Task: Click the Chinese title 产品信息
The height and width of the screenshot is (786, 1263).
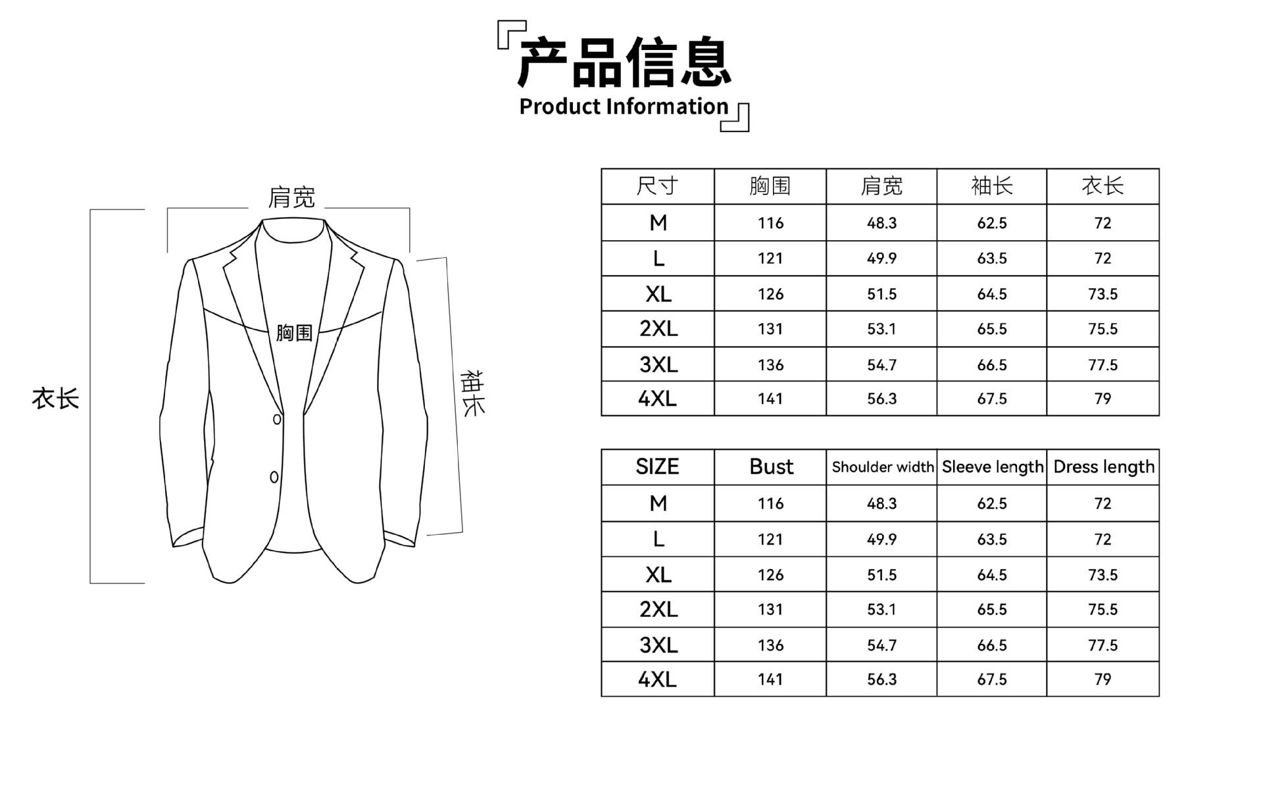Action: pos(624,62)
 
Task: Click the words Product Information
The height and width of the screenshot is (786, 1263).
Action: pos(624,107)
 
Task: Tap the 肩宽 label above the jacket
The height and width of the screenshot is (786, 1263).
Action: pos(291,197)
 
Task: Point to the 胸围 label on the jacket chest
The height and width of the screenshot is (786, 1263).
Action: pos(294,333)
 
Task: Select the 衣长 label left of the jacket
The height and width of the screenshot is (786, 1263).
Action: pos(55,399)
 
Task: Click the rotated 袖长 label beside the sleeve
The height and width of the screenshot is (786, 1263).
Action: pos(472,393)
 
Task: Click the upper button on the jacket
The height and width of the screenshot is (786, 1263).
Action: pos(277,419)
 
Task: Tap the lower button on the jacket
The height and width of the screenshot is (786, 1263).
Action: pos(274,477)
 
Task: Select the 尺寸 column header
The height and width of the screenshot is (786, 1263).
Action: pos(657,186)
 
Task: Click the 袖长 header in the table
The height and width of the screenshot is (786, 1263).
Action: pos(991,186)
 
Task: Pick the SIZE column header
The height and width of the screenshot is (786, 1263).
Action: pos(657,467)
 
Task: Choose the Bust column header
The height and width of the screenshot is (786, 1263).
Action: pos(771,467)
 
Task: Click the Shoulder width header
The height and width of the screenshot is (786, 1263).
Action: pos(882,467)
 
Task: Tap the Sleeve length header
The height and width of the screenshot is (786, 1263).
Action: pos(992,467)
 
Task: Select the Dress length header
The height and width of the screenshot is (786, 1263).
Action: pos(1103,467)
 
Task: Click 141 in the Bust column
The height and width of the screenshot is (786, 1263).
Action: pos(770,679)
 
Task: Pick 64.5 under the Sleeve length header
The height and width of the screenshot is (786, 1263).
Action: pos(992,575)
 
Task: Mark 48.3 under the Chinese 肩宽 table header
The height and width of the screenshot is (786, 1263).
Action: pos(881,223)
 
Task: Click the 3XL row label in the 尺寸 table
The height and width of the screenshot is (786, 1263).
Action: pos(658,364)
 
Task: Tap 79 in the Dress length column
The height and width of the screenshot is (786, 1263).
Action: pos(1102,679)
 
